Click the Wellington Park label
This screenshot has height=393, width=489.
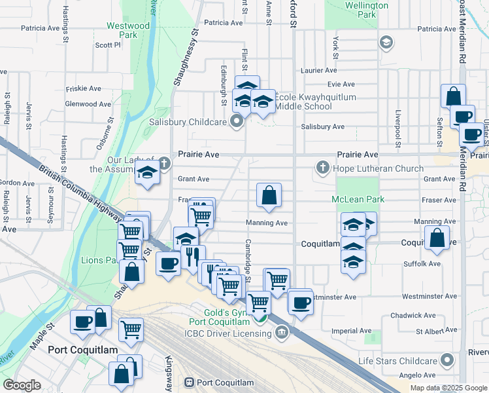pos(367,9)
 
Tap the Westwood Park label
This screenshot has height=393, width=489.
pos(127,30)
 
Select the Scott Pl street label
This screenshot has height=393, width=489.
pos(108,45)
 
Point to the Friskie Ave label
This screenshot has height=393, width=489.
pos(84,88)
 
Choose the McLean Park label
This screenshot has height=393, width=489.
pos(357,199)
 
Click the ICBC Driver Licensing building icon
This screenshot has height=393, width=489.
pos(281,333)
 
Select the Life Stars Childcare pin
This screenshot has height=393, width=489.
pos(447,361)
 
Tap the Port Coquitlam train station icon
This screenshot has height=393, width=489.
pos(190,383)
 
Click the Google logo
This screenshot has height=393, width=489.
pos(22,385)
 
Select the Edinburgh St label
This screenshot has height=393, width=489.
pos(224,85)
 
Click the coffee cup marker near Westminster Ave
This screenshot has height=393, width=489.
pos(301,303)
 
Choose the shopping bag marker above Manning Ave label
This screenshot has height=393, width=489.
pos(269,195)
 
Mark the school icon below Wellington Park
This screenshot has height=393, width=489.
pos(386,43)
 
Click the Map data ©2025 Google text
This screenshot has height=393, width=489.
pos(449,388)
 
